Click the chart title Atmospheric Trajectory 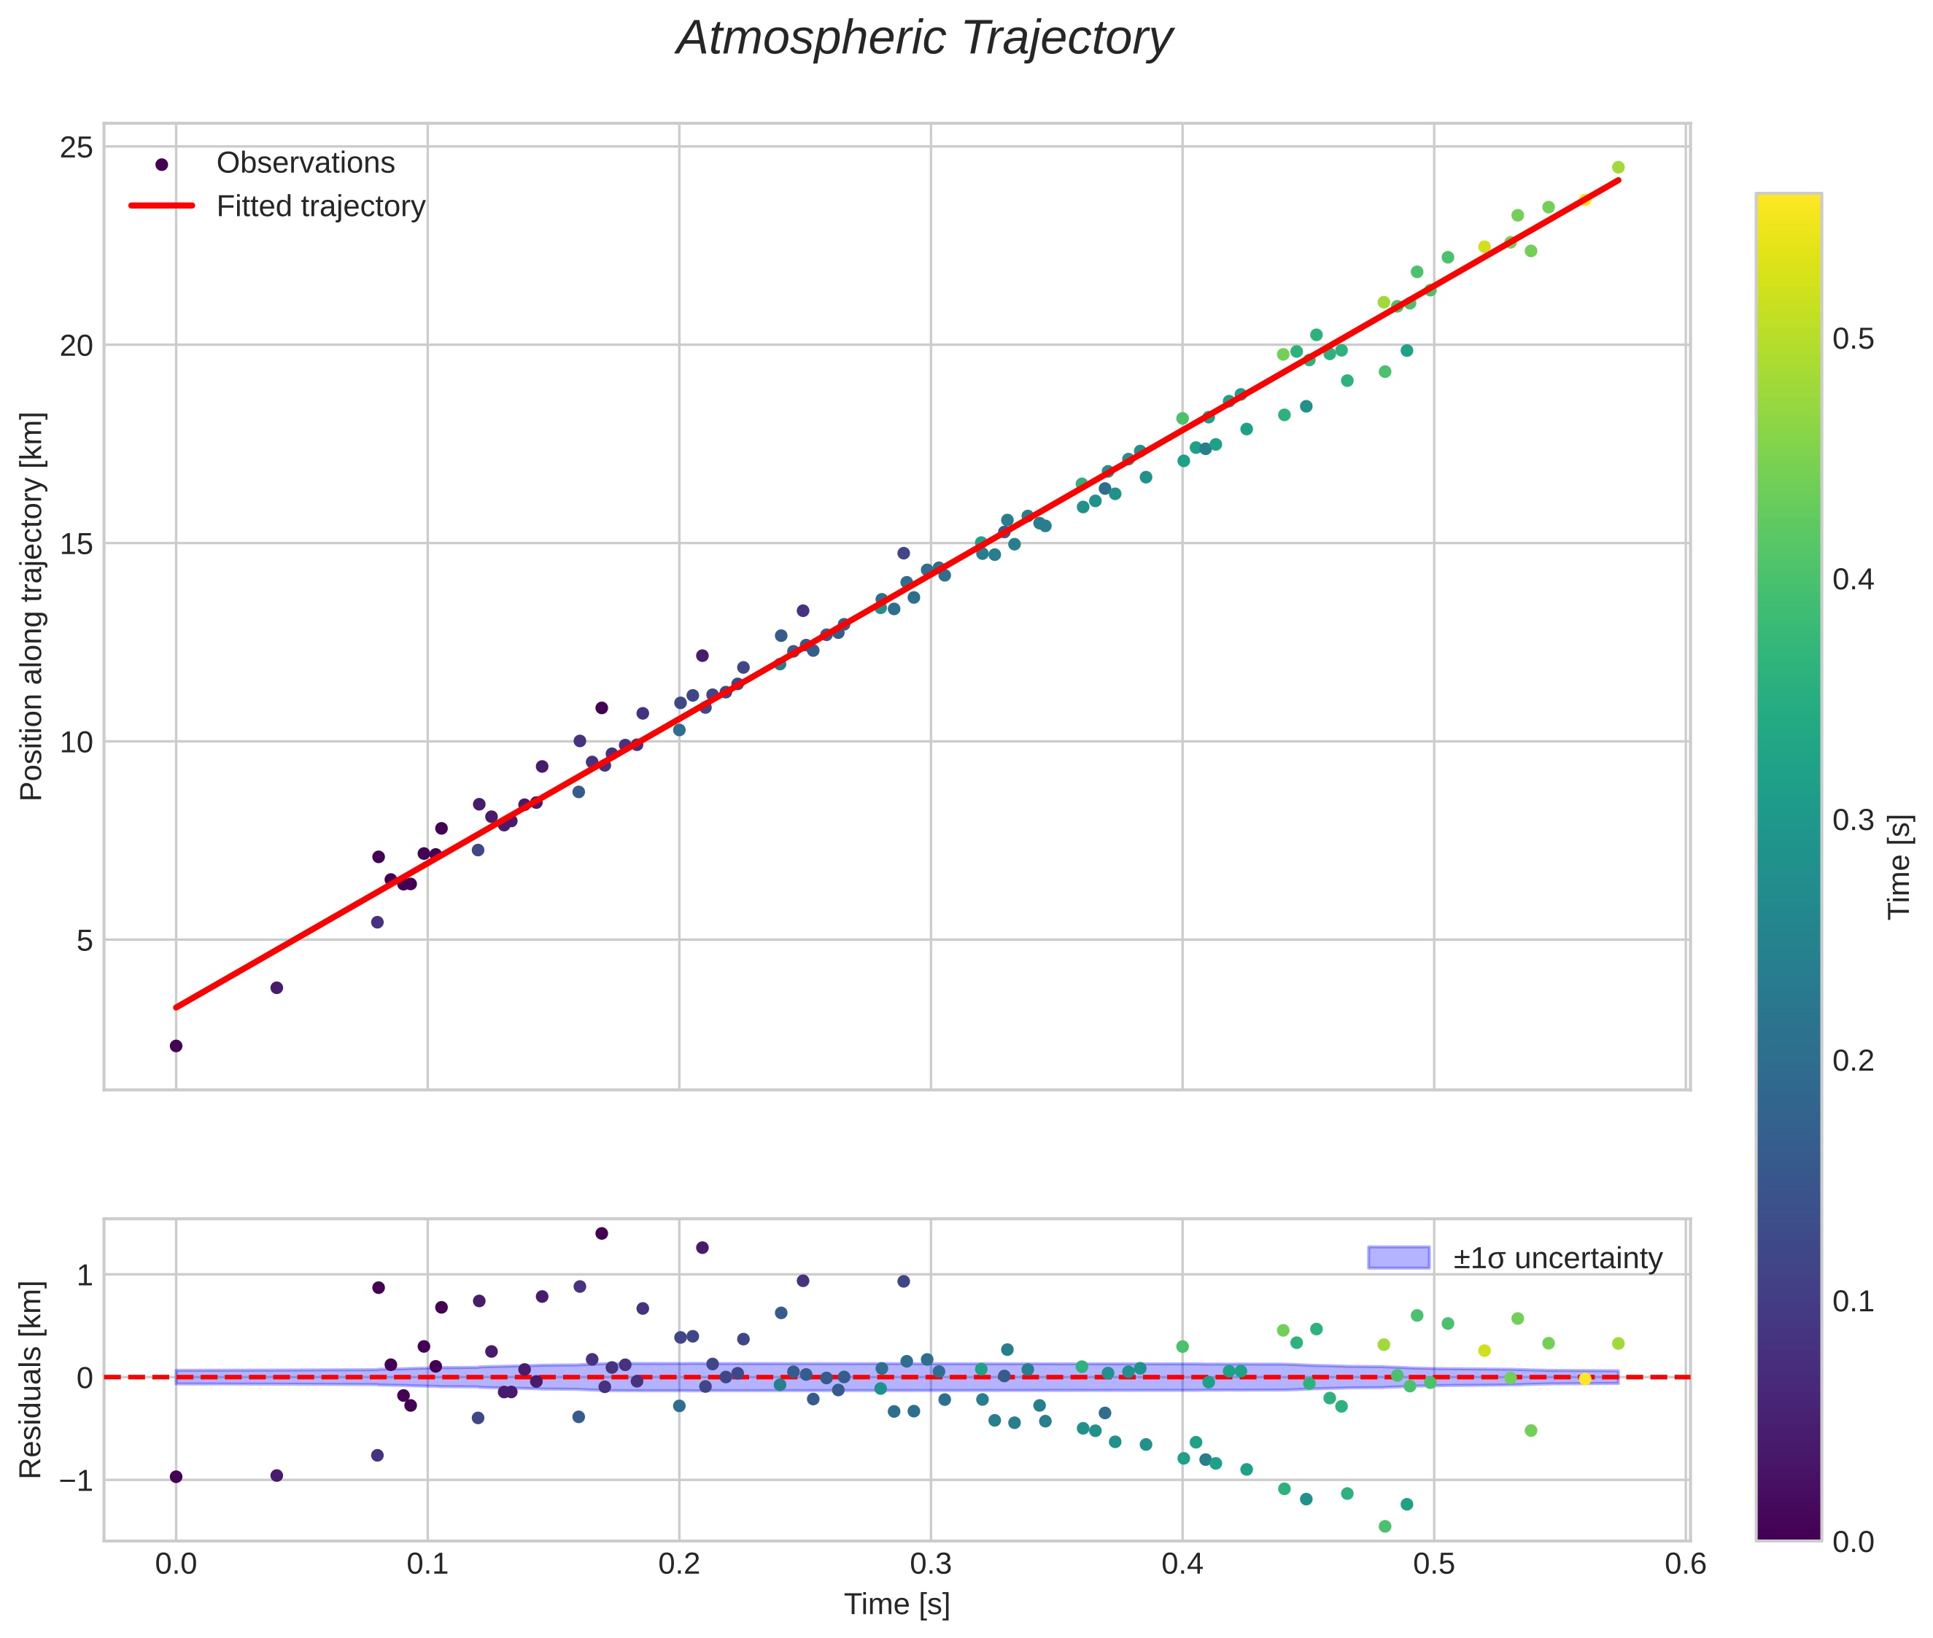(924, 39)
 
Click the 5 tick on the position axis (85, 941)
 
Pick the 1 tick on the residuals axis (85, 1275)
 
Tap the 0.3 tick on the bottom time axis (931, 1564)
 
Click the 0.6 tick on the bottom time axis (1686, 1564)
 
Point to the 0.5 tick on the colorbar (1853, 339)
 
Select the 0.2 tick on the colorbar (1853, 1060)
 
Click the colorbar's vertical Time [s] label (1899, 866)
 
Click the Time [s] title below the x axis (896, 1605)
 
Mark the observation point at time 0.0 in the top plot (176, 1046)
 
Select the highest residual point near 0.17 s (601, 1233)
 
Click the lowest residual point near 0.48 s (1384, 1526)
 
